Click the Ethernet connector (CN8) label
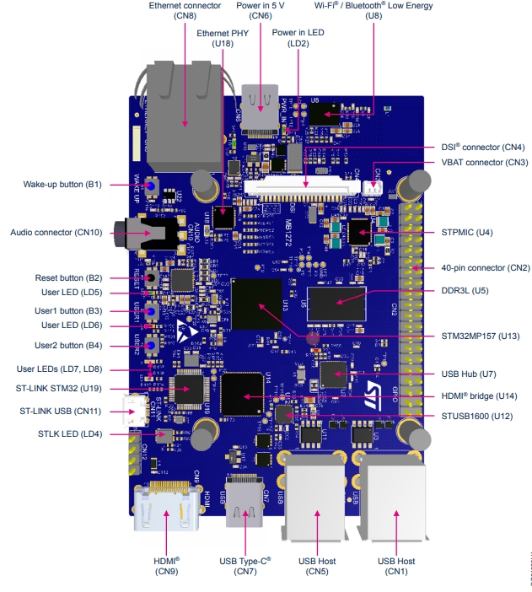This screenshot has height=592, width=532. [x=185, y=10]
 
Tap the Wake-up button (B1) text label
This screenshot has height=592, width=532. [x=62, y=185]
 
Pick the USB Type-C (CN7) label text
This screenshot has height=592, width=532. [x=245, y=565]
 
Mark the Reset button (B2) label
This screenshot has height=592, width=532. [x=68, y=277]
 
